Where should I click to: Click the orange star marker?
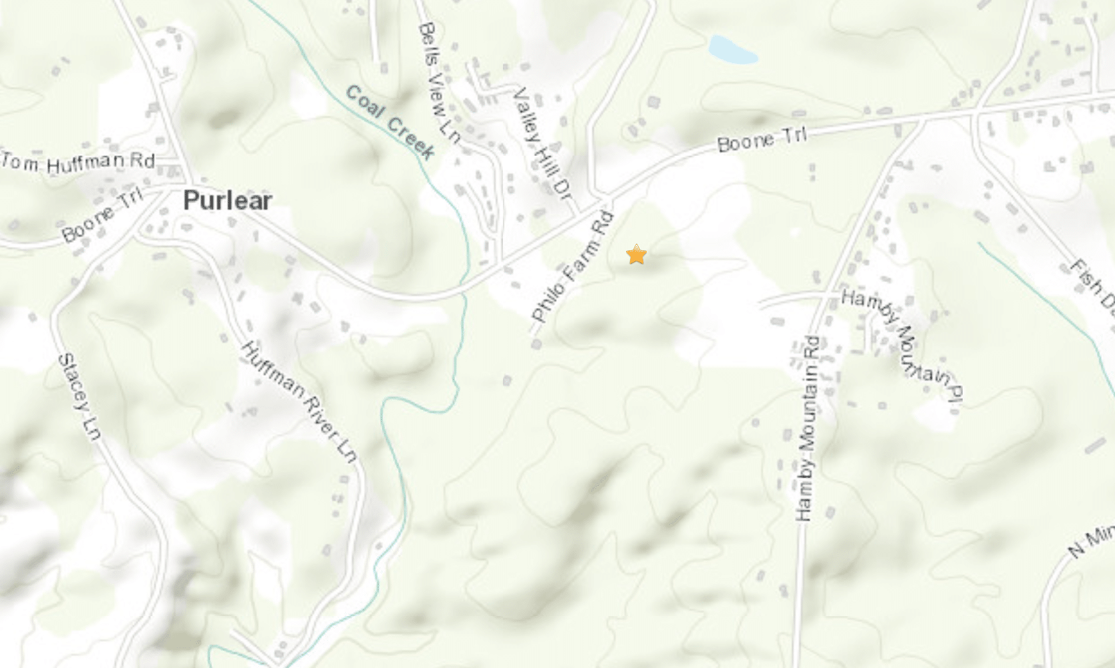tap(637, 254)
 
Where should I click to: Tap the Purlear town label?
tap(228, 201)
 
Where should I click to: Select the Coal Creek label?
tap(391, 122)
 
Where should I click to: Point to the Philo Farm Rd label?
tap(572, 267)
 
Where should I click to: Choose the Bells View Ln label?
tap(439, 83)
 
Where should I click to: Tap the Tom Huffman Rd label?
tap(79, 162)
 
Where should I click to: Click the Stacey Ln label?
tap(79, 397)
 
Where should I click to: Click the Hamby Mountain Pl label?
tap(902, 345)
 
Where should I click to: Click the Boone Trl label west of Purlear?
tap(102, 214)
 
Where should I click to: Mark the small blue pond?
tap(732, 51)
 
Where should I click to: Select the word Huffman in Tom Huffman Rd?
tap(85, 162)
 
